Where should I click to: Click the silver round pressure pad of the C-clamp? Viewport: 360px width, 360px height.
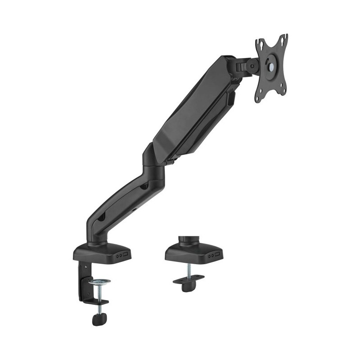tap(99, 283)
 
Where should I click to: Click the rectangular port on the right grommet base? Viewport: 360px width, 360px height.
tap(218, 255)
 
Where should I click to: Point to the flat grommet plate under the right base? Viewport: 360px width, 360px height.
tap(188, 282)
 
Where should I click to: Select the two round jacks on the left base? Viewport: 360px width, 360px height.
tap(118, 256)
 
